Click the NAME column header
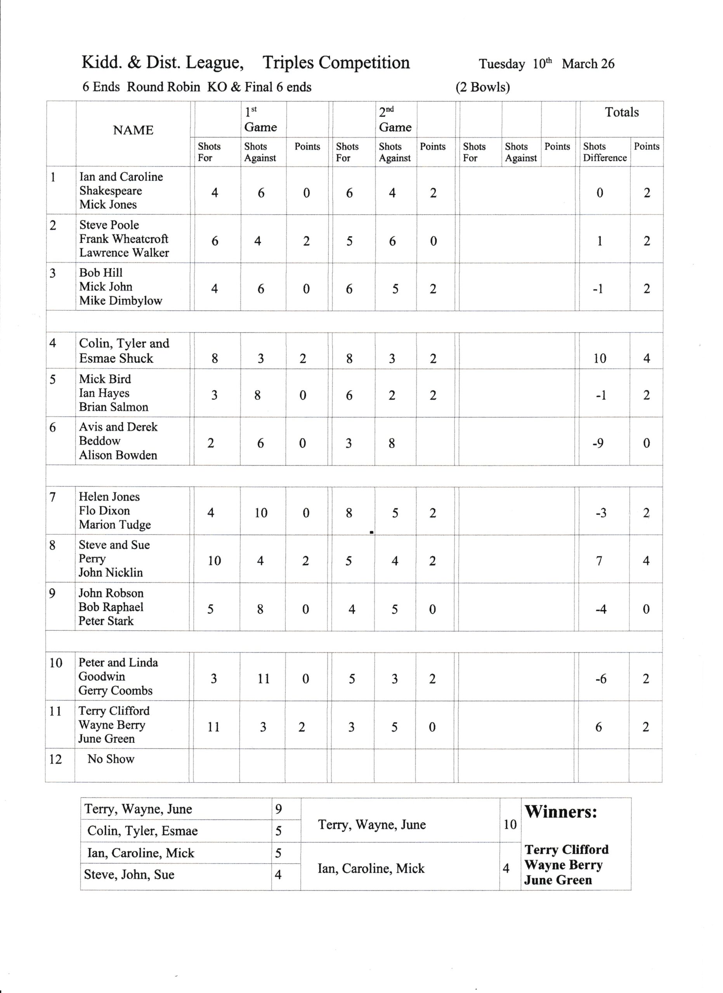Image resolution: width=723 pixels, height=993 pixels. [133, 130]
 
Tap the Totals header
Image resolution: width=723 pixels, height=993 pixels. [621, 112]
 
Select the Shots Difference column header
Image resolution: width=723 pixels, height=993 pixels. [604, 152]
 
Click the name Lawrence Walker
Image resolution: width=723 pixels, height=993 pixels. [124, 253]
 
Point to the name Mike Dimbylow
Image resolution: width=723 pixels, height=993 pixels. [120, 301]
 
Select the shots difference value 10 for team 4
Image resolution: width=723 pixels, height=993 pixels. [600, 358]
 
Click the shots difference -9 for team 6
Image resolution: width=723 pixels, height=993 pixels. [598, 443]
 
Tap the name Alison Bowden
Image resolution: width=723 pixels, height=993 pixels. [118, 455]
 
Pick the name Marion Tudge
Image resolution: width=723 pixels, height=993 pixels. [115, 524]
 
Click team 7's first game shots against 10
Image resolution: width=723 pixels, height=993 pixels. [261, 513]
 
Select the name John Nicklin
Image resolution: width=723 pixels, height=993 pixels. [111, 573]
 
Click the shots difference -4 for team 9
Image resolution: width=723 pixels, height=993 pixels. [601, 609]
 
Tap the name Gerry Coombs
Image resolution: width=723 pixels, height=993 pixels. [116, 690]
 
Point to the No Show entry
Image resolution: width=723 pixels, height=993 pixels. [111, 759]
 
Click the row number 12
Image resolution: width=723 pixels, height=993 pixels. [55, 759]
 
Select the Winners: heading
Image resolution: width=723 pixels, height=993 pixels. [561, 812]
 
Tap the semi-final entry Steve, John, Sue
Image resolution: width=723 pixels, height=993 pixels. [129, 874]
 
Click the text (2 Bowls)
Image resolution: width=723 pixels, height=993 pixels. [483, 87]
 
